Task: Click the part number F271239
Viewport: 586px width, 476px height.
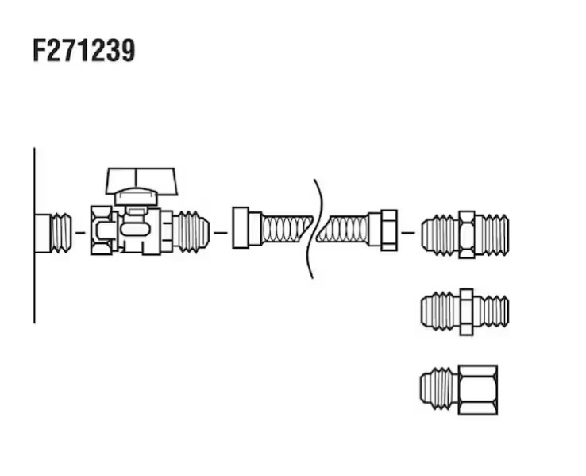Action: (84, 51)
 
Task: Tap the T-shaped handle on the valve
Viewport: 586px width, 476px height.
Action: (141, 181)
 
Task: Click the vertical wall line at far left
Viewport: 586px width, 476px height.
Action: (34, 235)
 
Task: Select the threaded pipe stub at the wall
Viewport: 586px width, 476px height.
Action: (53, 233)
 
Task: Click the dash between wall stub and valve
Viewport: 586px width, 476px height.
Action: (80, 233)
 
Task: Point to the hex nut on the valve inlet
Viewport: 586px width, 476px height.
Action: (102, 230)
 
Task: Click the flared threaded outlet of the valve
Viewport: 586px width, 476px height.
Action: (191, 232)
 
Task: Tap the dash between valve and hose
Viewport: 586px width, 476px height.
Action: (221, 233)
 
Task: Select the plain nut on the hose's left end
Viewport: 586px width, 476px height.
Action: (241, 228)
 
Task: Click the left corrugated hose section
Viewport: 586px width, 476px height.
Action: (287, 229)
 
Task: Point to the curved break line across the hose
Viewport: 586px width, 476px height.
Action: (315, 229)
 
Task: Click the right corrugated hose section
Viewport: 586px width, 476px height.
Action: (343, 229)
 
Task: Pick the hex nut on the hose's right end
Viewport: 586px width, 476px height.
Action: (388, 230)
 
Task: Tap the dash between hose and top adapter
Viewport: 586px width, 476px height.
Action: (408, 233)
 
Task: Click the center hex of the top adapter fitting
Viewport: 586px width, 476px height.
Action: (467, 235)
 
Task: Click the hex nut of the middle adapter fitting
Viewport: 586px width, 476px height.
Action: (467, 312)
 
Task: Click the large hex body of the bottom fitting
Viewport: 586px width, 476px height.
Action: (478, 389)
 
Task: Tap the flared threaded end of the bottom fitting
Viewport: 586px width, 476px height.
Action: (440, 389)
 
